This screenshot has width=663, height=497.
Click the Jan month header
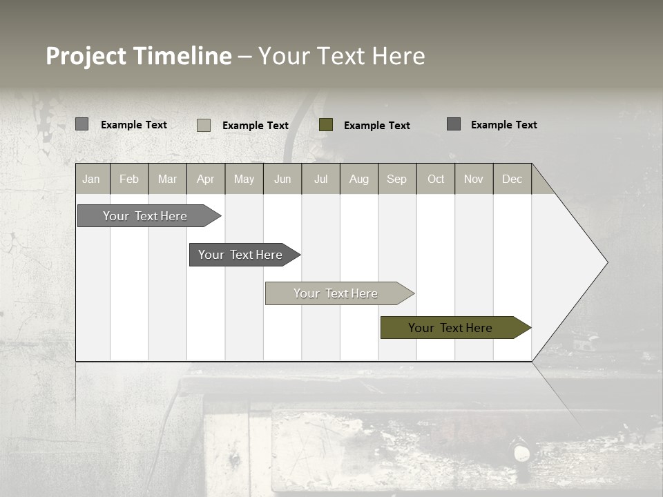[x=91, y=179]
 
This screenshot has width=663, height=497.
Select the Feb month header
[x=129, y=179]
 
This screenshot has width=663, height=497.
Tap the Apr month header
[x=205, y=179]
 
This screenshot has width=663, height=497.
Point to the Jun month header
[x=282, y=179]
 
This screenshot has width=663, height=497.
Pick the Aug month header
[x=358, y=179]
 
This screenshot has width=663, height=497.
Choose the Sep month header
[x=396, y=179]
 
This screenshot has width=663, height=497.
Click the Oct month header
[x=436, y=179]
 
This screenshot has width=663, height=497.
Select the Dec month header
[x=512, y=179]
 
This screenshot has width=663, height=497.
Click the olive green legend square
[x=326, y=125]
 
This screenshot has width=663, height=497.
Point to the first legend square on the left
[x=82, y=124]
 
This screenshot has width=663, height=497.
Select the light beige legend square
[x=204, y=125]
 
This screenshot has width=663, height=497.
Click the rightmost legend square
[x=454, y=124]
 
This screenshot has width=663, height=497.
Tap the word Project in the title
[x=86, y=56]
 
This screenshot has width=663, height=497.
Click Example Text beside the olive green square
[x=376, y=125]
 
